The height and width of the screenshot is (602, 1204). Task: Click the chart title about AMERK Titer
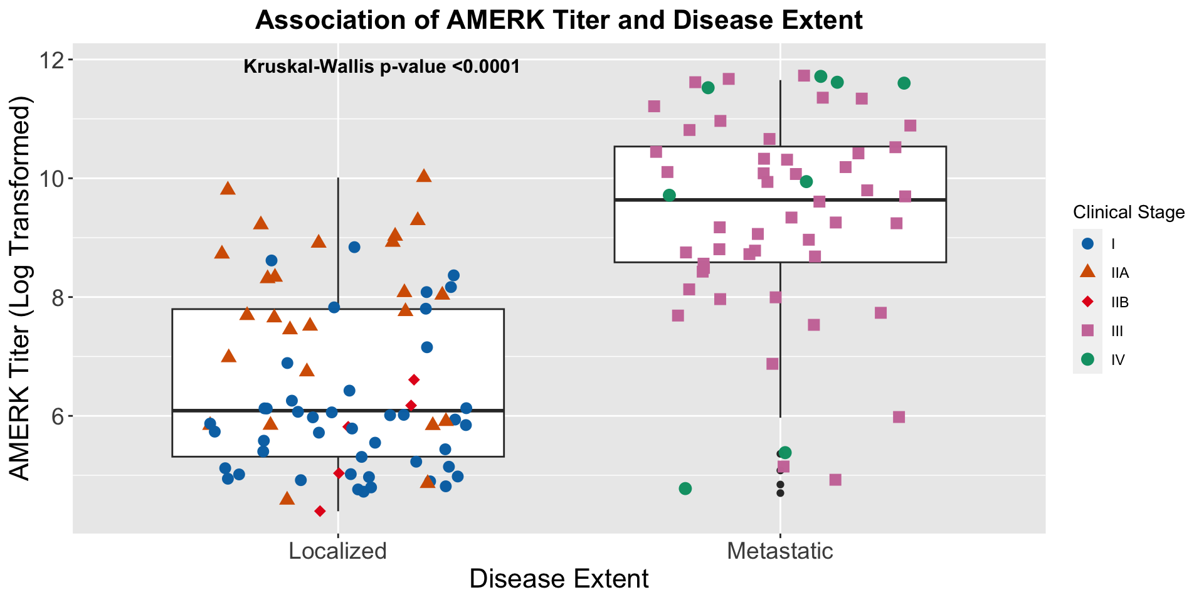coord(559,21)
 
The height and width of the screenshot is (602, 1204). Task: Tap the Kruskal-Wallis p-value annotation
coord(381,66)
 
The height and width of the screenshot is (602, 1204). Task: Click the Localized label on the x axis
coord(337,551)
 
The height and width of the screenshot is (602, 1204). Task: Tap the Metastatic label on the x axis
coord(780,551)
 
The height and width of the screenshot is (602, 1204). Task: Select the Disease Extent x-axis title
coord(559,579)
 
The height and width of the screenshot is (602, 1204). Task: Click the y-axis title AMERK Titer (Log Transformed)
coord(21,288)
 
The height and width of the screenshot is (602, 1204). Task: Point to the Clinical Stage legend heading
coord(1129,213)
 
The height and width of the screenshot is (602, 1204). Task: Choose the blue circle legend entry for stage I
coord(1088,244)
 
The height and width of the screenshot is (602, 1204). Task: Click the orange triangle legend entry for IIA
coord(1088,273)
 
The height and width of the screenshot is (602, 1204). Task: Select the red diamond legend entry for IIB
coord(1088,302)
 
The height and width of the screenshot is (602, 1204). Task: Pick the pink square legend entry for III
coord(1088,330)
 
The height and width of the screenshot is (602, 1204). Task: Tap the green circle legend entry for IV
coord(1088,359)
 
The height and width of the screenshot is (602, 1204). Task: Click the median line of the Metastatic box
coord(780,199)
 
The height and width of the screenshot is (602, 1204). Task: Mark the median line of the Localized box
coord(337,410)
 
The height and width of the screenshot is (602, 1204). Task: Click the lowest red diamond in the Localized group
coord(320,512)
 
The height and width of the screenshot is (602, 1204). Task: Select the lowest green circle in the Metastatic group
coord(685,488)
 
